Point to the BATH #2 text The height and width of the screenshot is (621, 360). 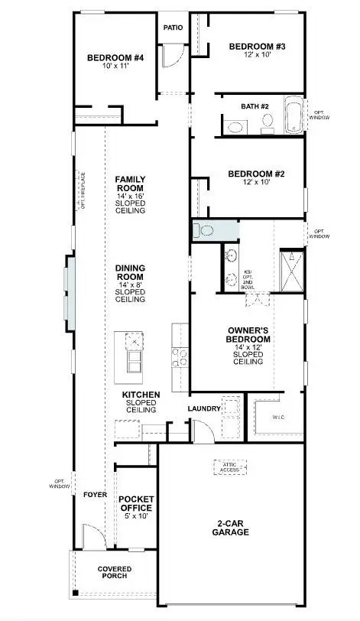(x=254, y=106)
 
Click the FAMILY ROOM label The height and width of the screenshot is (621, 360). (x=130, y=184)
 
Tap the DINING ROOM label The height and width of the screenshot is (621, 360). (x=130, y=272)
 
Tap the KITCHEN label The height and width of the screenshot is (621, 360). (x=141, y=395)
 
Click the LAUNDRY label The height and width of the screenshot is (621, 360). (x=204, y=408)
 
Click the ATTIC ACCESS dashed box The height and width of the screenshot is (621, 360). (x=231, y=467)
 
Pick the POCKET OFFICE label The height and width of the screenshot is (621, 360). (x=136, y=503)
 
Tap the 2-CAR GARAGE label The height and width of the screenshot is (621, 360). (x=230, y=528)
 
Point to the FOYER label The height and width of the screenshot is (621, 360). (x=94, y=495)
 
